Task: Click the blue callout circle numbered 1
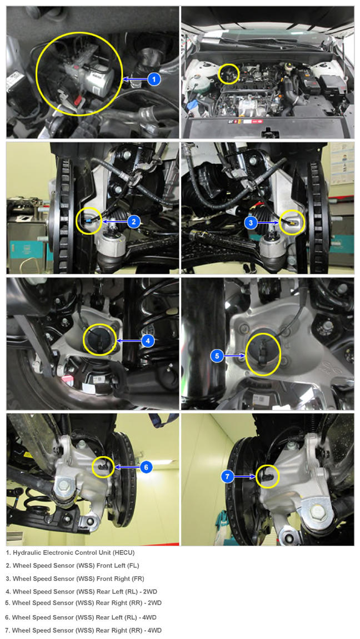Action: coord(154,79)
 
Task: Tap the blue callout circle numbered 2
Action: coord(134,222)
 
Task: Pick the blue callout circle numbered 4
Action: coord(148,340)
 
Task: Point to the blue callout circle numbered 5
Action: coord(217,356)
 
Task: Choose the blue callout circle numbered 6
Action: coord(146,467)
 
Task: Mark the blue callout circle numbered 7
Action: coord(228,476)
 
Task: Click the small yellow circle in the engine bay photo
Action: coord(229,74)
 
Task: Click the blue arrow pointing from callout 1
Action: coord(135,79)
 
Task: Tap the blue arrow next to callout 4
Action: coord(129,340)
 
